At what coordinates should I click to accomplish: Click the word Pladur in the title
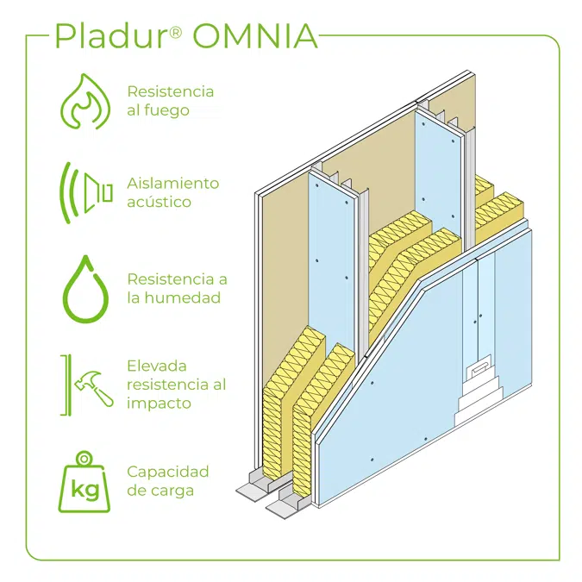(x=110, y=35)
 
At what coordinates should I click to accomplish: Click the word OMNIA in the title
(x=255, y=36)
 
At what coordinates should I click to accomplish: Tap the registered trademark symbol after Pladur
(x=175, y=32)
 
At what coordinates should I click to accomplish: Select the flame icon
(x=85, y=102)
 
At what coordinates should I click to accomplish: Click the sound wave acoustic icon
(x=85, y=192)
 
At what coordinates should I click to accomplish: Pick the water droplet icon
(x=85, y=288)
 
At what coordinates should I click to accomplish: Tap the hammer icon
(x=93, y=388)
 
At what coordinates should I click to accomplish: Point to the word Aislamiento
(x=173, y=183)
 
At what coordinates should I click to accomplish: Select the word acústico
(x=159, y=202)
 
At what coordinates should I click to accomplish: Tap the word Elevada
(x=157, y=366)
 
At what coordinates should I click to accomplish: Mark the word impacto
(x=159, y=404)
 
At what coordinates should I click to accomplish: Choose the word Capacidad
(x=168, y=472)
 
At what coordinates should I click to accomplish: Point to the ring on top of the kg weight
(x=84, y=459)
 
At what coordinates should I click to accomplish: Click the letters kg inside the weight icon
(x=85, y=489)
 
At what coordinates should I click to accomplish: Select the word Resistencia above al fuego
(x=171, y=91)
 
